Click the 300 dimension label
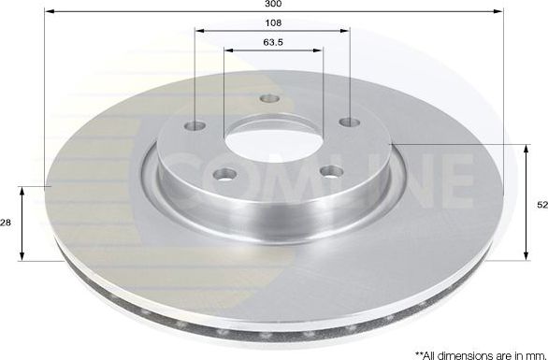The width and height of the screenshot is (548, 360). [x=274, y=5]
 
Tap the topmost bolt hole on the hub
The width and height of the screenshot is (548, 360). [x=269, y=98]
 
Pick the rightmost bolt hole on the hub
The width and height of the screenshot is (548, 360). [x=349, y=122]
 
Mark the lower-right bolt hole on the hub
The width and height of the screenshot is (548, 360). [x=331, y=171]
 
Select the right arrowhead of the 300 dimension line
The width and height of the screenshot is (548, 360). [x=500, y=12]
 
